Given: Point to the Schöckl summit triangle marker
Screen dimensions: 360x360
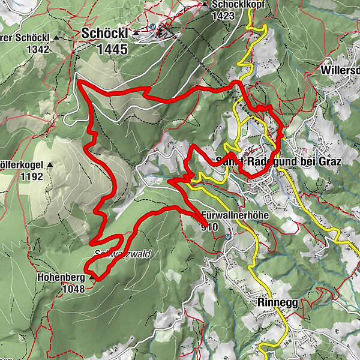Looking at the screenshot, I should [137, 34].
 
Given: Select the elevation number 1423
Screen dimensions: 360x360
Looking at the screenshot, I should [222, 16].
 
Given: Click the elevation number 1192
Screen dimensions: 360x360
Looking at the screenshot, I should [32, 176].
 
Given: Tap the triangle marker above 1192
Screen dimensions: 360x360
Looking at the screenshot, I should [50, 164].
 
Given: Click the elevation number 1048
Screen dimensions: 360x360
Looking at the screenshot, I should [73, 289].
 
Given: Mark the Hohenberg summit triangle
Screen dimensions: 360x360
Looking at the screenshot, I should [92, 278].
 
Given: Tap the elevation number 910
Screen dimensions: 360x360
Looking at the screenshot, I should [210, 227].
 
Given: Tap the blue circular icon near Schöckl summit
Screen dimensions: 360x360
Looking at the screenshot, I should [153, 27].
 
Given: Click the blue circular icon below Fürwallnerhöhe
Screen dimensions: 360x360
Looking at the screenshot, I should [229, 236].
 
